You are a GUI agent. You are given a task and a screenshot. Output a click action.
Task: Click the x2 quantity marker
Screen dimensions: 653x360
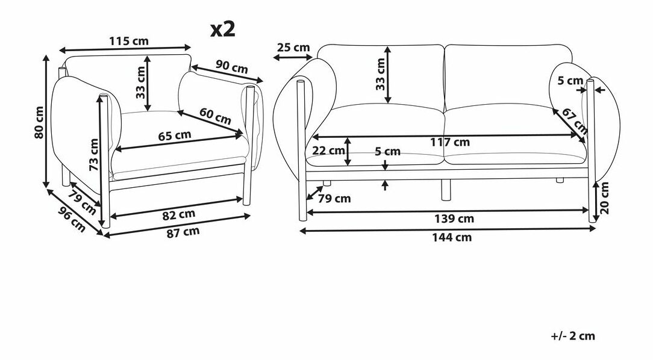[x=223, y=29]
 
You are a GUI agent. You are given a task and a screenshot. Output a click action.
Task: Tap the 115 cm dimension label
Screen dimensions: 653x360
[x=129, y=41]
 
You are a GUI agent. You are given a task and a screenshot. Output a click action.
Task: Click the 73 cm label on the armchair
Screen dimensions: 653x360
[x=94, y=154]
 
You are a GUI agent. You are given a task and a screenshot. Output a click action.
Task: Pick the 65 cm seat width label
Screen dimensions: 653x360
[x=175, y=135]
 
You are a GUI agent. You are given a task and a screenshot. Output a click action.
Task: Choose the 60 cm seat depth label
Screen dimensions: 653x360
[x=215, y=116]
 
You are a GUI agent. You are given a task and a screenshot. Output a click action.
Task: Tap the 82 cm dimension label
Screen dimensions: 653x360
[x=179, y=215]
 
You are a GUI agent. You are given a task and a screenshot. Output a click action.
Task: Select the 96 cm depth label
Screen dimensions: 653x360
[x=71, y=219]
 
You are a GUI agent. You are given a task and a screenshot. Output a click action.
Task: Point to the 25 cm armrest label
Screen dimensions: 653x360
[x=293, y=47]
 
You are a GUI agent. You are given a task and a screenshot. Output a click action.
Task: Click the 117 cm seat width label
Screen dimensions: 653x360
[x=450, y=142]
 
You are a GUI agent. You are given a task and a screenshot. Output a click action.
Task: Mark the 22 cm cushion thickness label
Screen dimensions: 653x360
[x=328, y=151]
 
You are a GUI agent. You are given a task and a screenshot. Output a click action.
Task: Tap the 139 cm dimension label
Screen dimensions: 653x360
[x=454, y=219]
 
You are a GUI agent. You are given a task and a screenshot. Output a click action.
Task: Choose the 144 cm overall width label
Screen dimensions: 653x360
[x=452, y=237]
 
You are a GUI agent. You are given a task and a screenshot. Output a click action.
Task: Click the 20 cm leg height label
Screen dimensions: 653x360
[x=605, y=197]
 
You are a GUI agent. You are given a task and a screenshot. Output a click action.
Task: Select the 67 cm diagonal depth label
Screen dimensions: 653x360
[x=575, y=121]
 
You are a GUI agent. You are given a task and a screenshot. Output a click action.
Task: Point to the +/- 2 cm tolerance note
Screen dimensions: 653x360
[x=573, y=336]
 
